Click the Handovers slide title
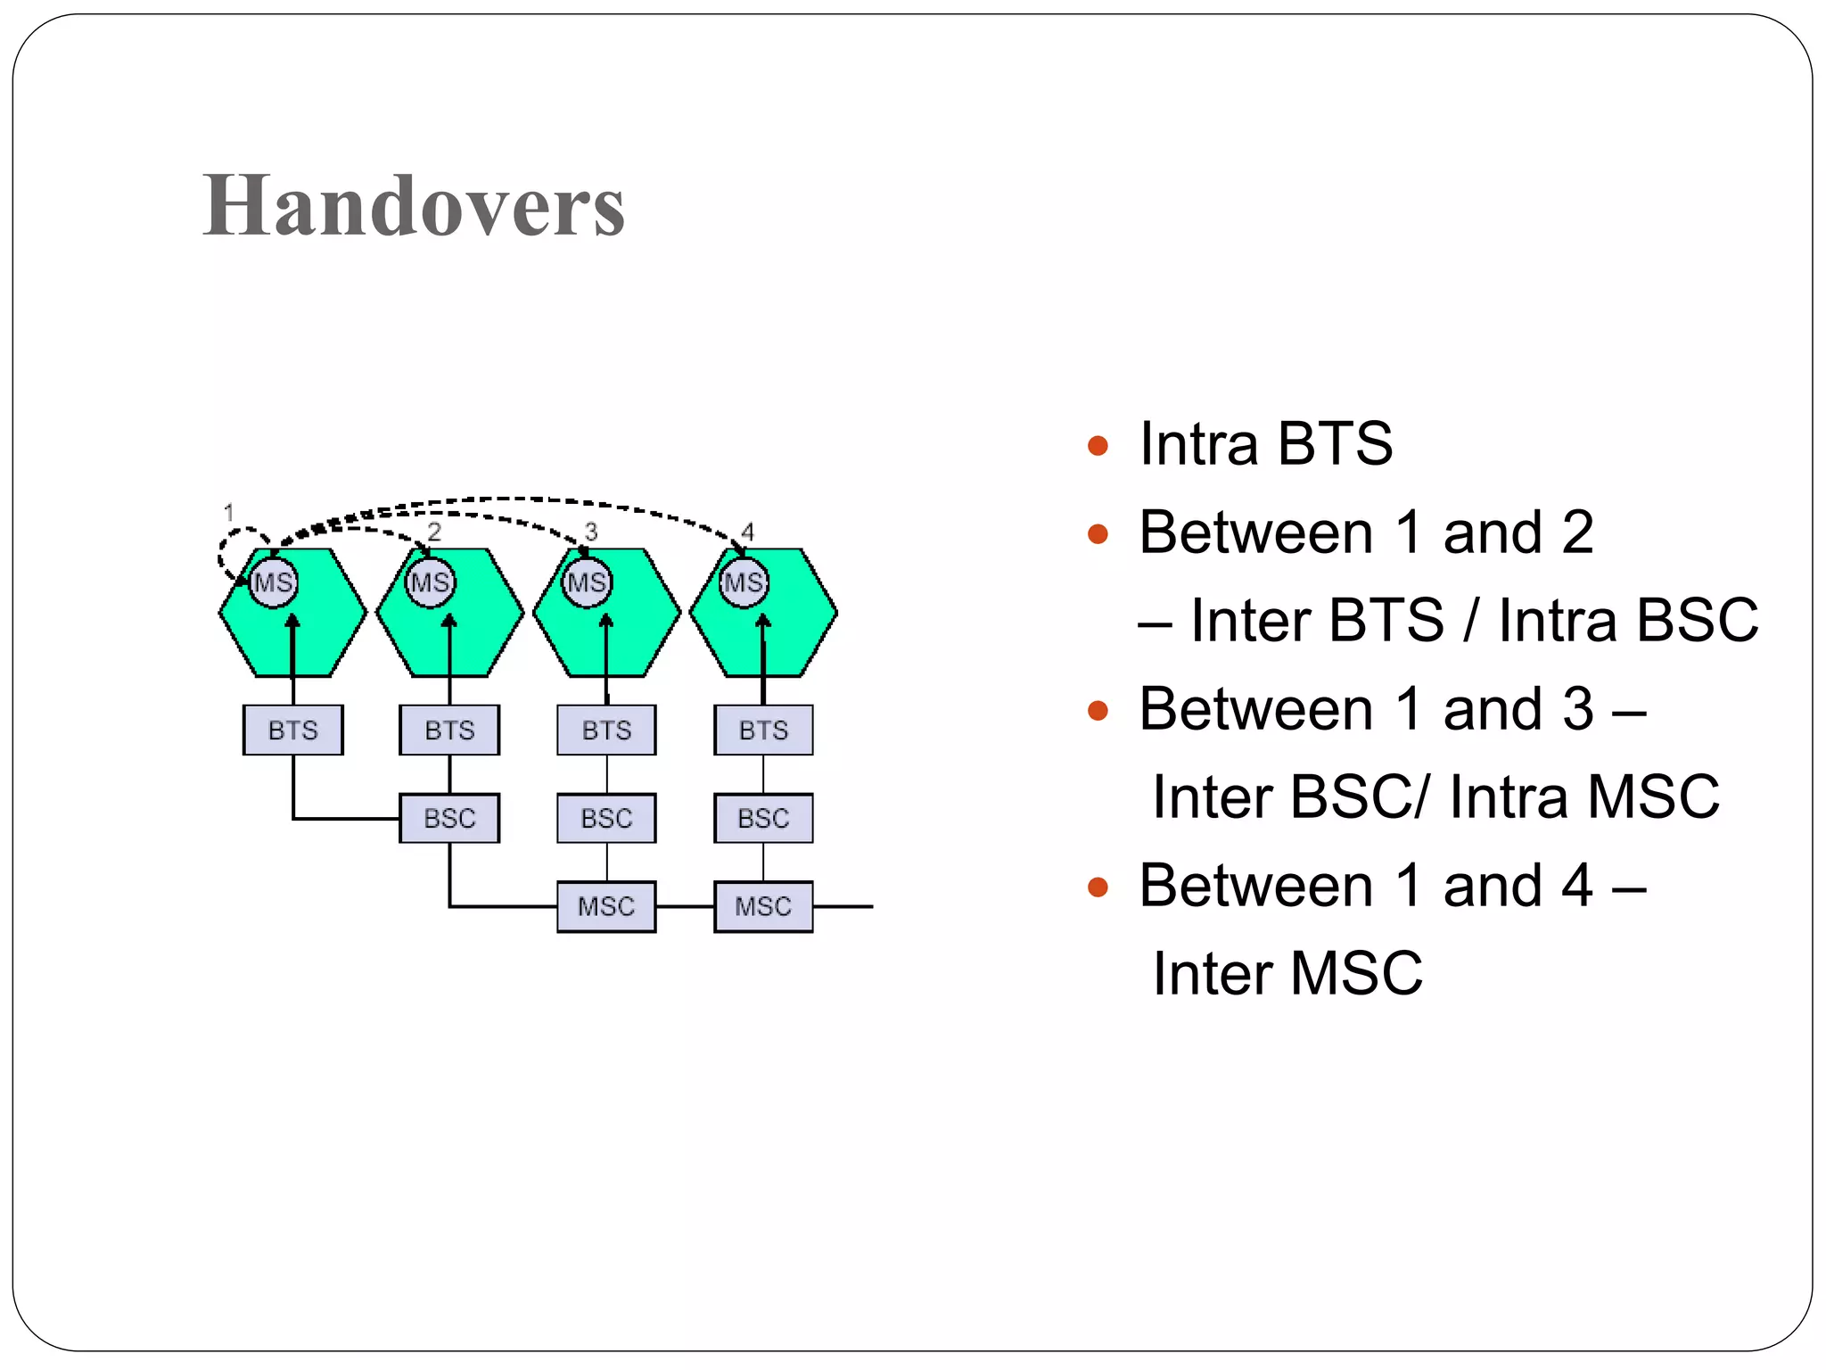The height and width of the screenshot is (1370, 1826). click(x=414, y=206)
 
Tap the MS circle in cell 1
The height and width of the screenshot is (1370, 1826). click(x=273, y=582)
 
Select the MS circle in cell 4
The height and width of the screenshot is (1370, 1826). click(x=744, y=582)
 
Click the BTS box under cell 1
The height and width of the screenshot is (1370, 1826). click(x=292, y=730)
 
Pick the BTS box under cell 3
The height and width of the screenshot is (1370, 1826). click(x=606, y=730)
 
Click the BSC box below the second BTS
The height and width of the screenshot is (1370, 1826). click(x=449, y=818)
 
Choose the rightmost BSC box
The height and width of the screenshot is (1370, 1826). click(x=763, y=818)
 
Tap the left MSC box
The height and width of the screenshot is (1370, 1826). click(x=606, y=906)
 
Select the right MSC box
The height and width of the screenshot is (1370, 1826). click(x=763, y=906)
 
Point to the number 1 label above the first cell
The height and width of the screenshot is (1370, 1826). click(x=229, y=513)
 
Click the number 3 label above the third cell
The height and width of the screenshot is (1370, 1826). click(x=590, y=532)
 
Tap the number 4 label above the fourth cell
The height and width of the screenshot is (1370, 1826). click(x=747, y=532)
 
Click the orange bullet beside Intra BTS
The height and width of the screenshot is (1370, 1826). click(x=1098, y=445)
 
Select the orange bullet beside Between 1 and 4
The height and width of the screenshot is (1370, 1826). click(x=1098, y=887)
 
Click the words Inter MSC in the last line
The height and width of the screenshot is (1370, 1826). click(x=1287, y=973)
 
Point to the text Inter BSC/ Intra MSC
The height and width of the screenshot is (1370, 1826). click(x=1435, y=796)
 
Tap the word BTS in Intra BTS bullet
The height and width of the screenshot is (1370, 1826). click(x=1334, y=443)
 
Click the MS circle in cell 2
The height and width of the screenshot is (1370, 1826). click(x=431, y=582)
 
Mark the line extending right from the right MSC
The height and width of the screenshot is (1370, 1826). click(x=843, y=906)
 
